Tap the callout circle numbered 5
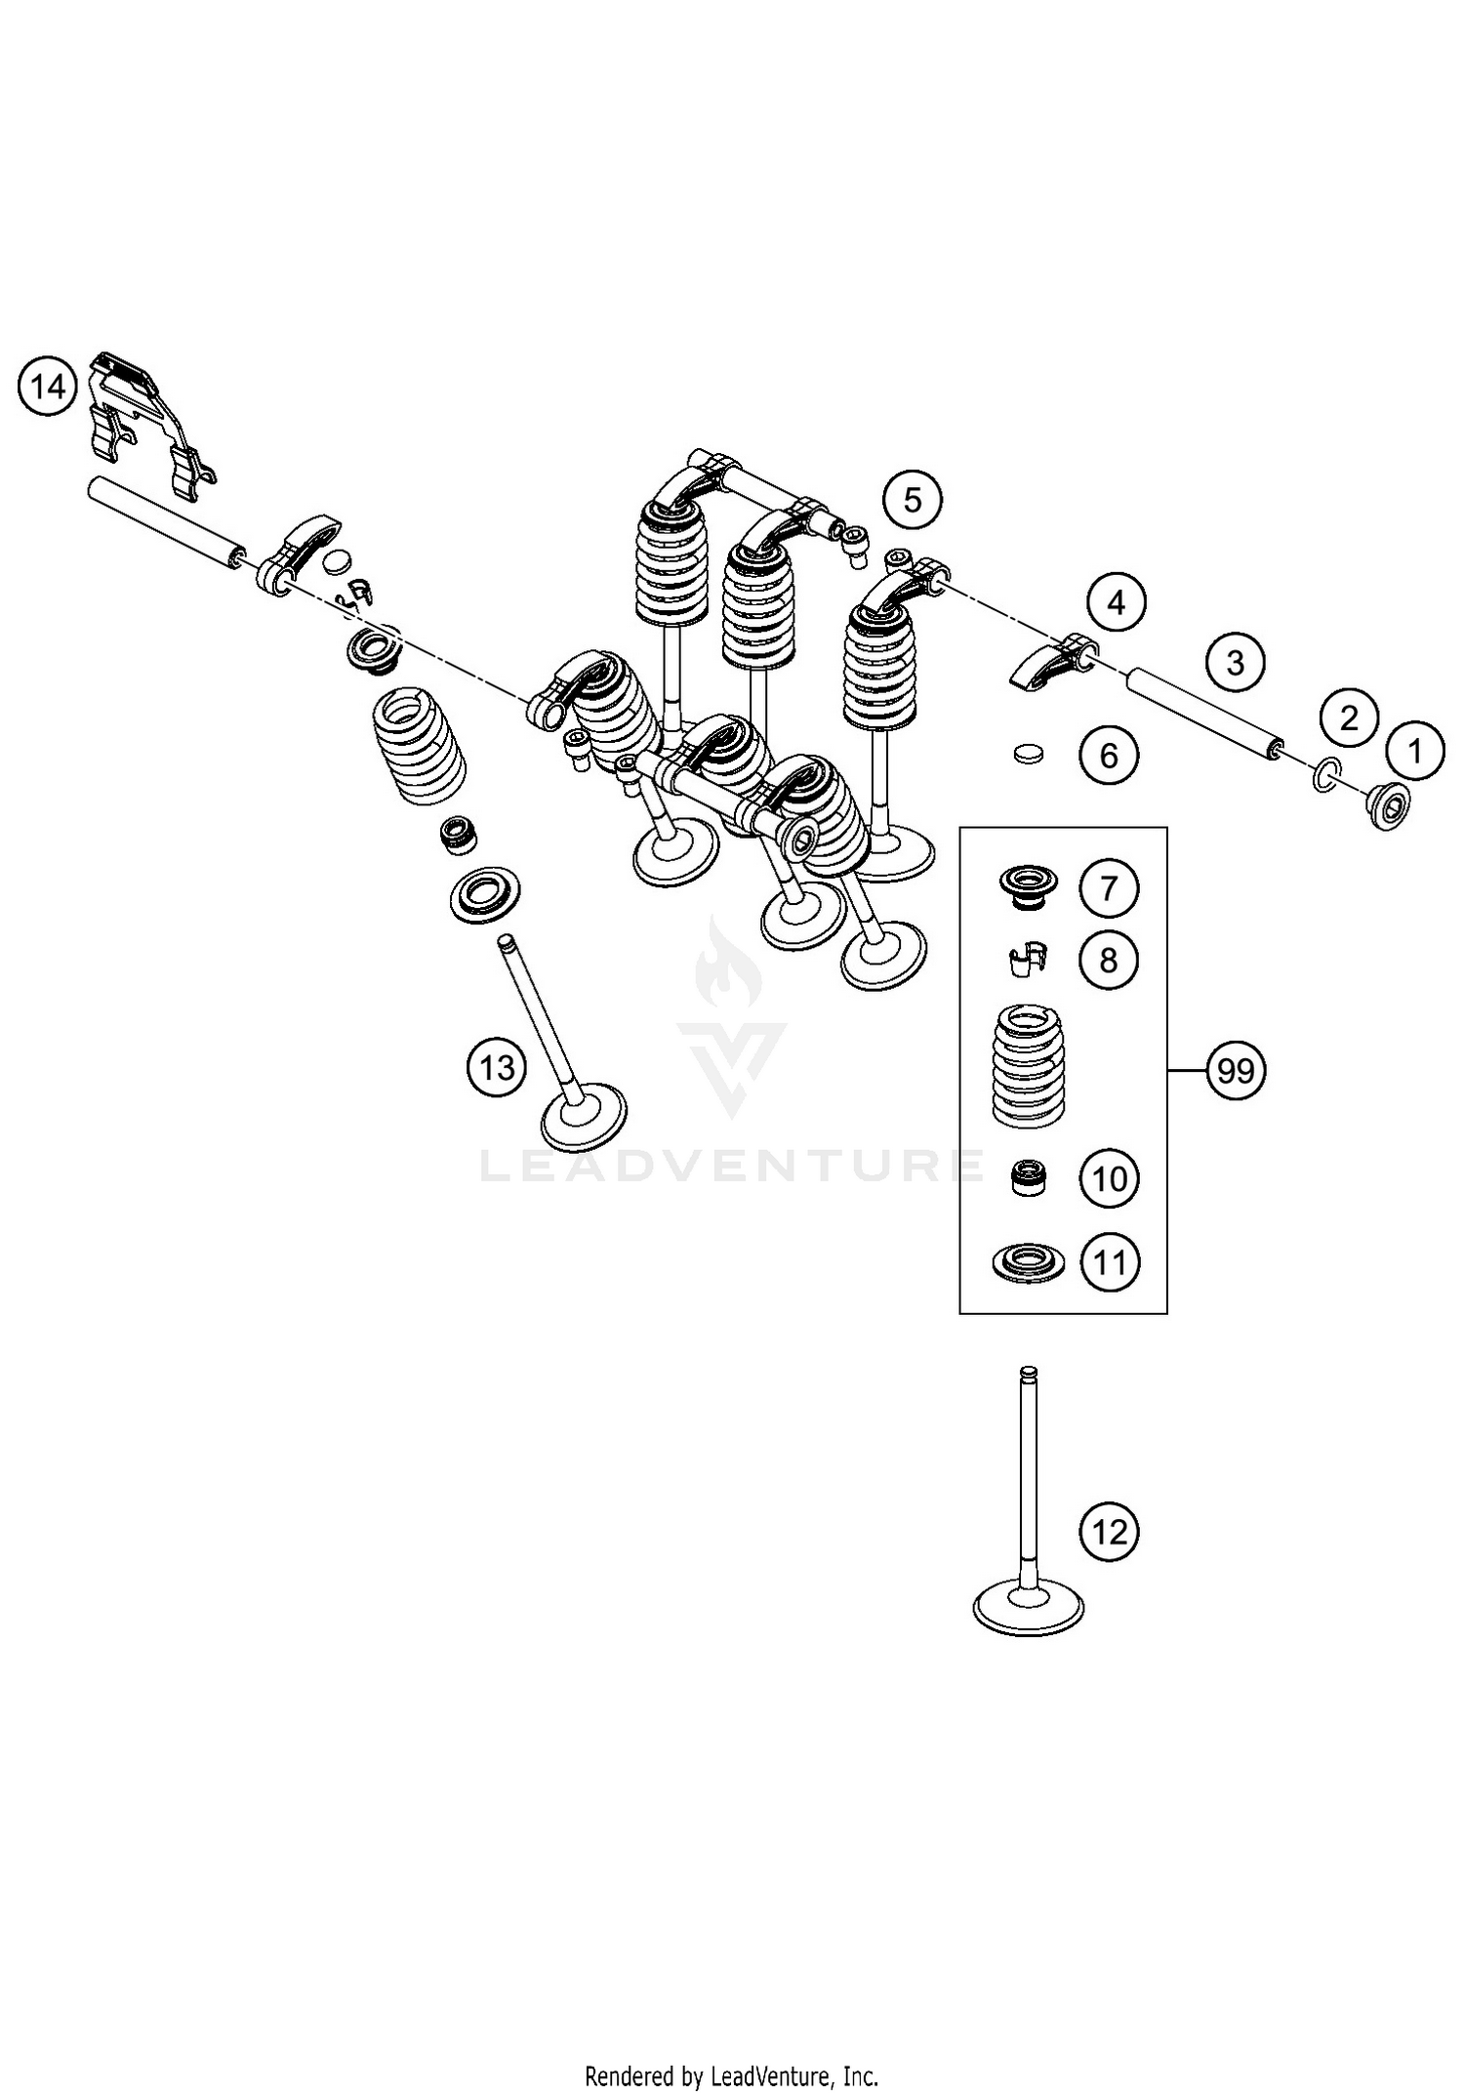click(x=912, y=500)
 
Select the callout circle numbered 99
click(x=1236, y=1071)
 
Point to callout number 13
click(x=497, y=1067)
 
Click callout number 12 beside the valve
click(x=1110, y=1532)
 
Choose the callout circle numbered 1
click(x=1414, y=751)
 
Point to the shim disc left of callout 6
click(x=1027, y=754)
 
